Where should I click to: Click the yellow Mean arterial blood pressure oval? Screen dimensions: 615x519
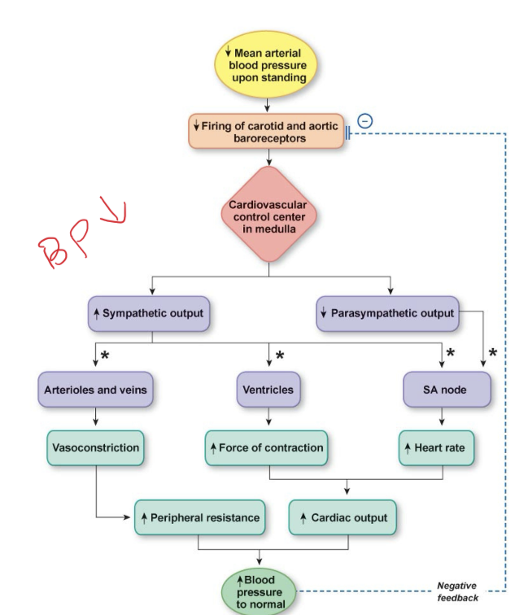click(x=268, y=64)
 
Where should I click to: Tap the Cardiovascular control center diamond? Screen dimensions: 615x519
click(x=268, y=215)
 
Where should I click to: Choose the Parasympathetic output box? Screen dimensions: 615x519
click(x=387, y=313)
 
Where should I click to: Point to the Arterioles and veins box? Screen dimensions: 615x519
click(x=95, y=390)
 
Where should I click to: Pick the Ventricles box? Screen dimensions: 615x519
click(x=268, y=390)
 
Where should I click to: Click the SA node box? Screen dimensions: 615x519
click(x=446, y=390)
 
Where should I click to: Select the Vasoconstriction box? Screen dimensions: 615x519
click(x=95, y=447)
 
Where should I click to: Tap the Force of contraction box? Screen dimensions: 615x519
click(x=268, y=447)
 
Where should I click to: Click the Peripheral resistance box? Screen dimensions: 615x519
click(x=200, y=517)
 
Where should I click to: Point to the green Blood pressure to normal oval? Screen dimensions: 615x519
click(x=259, y=591)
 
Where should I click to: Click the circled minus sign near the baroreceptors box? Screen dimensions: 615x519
click(x=365, y=120)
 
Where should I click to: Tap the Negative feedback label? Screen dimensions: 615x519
click(x=457, y=591)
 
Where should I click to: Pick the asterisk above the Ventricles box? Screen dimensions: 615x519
click(x=279, y=356)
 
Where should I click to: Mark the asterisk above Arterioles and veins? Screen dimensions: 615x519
click(x=105, y=356)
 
